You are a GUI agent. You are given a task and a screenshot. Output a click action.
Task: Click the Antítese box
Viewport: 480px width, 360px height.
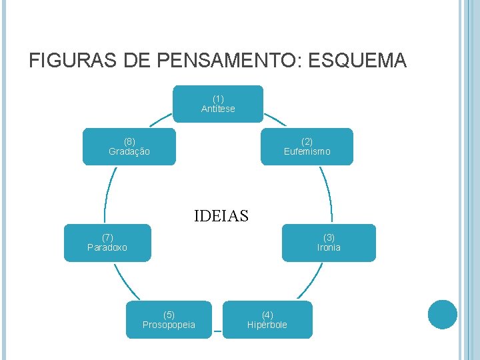coord(218,103)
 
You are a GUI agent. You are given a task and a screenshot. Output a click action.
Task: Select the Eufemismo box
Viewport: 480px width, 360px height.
coord(307,146)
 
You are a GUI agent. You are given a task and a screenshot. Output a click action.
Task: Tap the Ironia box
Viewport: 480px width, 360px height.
coord(329,242)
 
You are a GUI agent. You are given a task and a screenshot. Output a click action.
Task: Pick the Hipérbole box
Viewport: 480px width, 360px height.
coord(267,319)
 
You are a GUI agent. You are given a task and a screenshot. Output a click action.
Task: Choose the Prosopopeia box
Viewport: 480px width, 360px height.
coord(169,319)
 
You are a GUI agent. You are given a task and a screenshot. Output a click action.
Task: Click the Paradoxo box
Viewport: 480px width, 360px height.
coord(107,242)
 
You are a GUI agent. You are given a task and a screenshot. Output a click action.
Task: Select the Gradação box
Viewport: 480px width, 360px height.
coord(129,146)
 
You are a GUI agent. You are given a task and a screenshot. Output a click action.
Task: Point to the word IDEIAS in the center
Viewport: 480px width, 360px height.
coord(221,216)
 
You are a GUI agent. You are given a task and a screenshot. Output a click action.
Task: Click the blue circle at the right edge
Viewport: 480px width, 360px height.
coord(443,315)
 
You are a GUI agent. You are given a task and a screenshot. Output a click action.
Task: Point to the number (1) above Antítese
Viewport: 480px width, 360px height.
coord(218,99)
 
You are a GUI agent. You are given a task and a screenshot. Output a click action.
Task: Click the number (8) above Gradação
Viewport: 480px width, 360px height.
coord(129,141)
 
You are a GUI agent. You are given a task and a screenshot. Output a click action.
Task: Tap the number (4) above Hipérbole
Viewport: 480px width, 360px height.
coord(267,315)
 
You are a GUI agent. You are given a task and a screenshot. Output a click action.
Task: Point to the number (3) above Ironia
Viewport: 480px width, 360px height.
coord(329,237)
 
